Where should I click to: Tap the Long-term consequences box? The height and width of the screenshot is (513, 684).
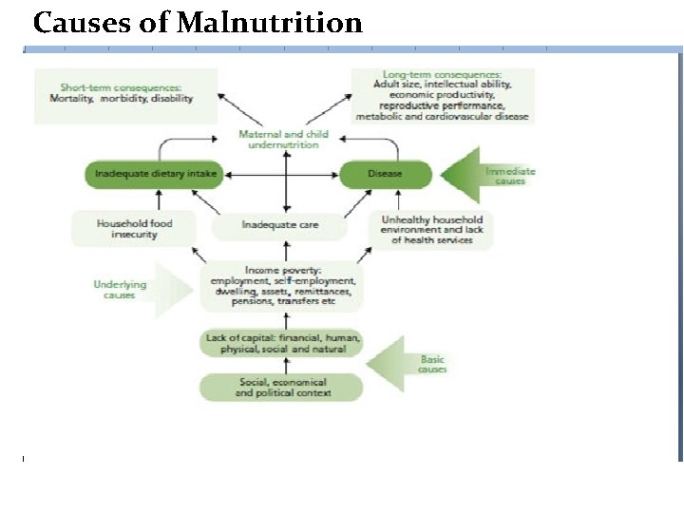coord(442,95)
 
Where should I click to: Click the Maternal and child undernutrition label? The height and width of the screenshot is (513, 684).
coord(283,140)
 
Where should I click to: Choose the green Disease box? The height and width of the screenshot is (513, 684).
coord(386,174)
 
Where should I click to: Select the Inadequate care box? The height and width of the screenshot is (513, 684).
coord(279,226)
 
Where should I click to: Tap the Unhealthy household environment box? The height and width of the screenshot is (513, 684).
coord(431,229)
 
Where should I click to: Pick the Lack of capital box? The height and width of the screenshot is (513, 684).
coord(281,342)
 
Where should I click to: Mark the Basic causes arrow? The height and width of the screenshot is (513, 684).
coord(409,364)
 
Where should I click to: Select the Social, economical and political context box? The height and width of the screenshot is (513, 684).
coord(281,387)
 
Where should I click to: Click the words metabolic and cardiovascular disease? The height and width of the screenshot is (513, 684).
coord(442,117)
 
